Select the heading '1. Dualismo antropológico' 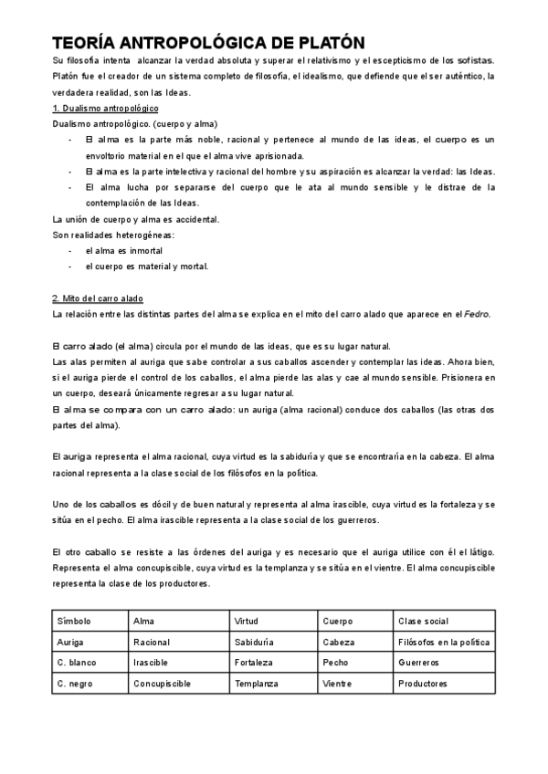105,109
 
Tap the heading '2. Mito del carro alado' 99,298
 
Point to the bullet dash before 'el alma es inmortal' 70,250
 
